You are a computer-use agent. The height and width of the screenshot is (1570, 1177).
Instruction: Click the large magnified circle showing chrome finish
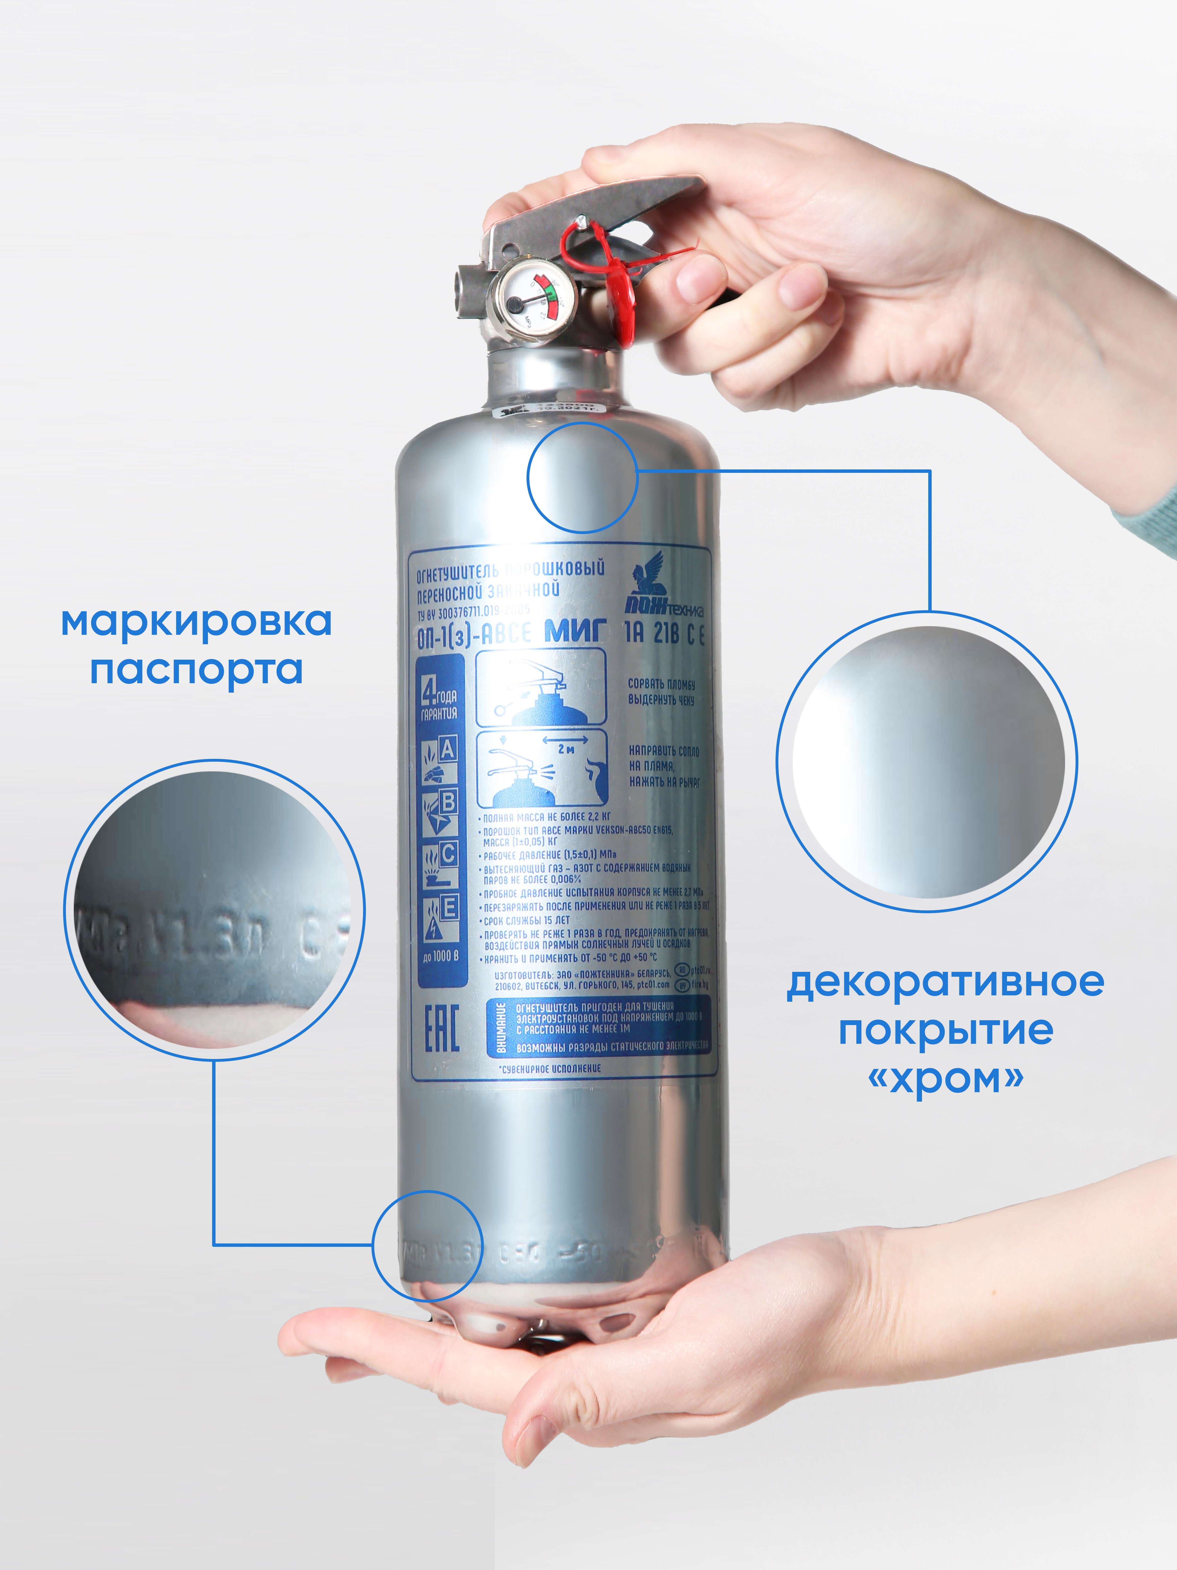pyautogui.click(x=926, y=761)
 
